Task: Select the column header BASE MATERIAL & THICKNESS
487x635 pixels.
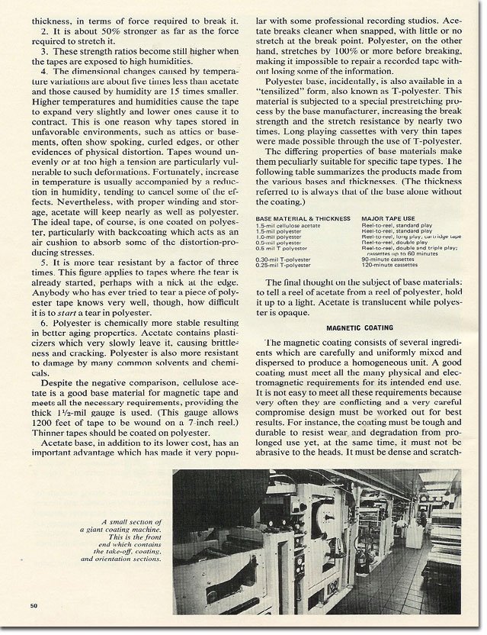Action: [x=298, y=218]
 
